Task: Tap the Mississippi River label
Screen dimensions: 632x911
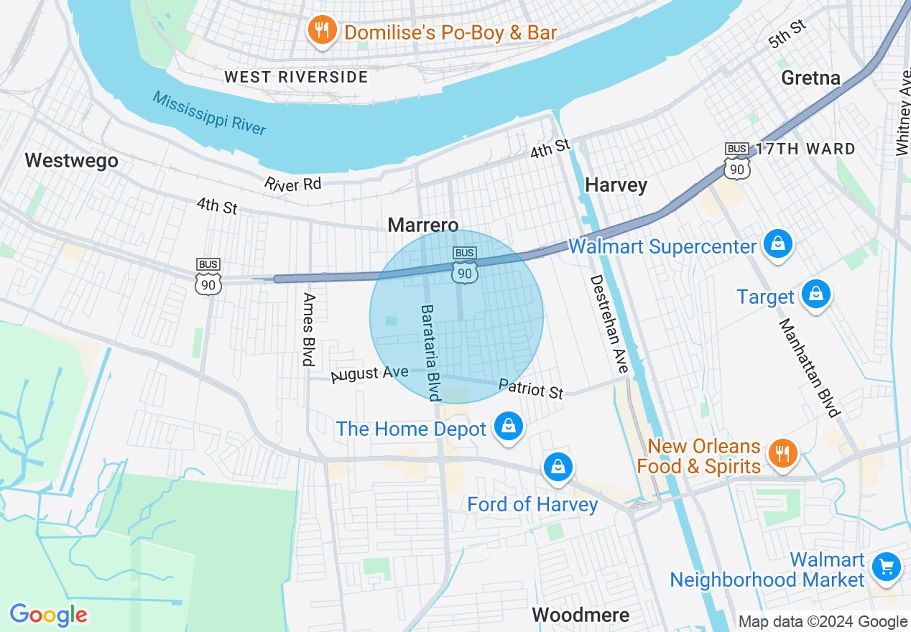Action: pos(209,113)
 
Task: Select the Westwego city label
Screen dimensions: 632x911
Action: pos(71,160)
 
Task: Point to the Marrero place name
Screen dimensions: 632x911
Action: pos(422,226)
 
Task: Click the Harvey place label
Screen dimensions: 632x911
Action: pos(616,185)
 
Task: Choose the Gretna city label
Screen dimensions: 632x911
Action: pos(810,78)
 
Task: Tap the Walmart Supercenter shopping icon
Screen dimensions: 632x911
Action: pos(777,244)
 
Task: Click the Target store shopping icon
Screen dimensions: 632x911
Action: pos(815,294)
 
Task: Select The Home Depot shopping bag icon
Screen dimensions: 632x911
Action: pos(509,427)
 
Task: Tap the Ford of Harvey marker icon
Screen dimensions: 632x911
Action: pos(558,467)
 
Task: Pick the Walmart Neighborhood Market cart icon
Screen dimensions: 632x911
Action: pos(886,567)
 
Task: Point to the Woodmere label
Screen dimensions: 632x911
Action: pos(581,615)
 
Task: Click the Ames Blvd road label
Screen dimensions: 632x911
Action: pos(310,329)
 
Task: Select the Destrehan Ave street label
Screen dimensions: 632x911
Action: pos(609,324)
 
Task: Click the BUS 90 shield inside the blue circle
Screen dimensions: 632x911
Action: pos(465,265)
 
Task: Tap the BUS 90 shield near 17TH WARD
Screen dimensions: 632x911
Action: pos(737,162)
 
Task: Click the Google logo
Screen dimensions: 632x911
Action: pos(48,615)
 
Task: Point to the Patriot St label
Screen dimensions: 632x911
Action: pos(531,389)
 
